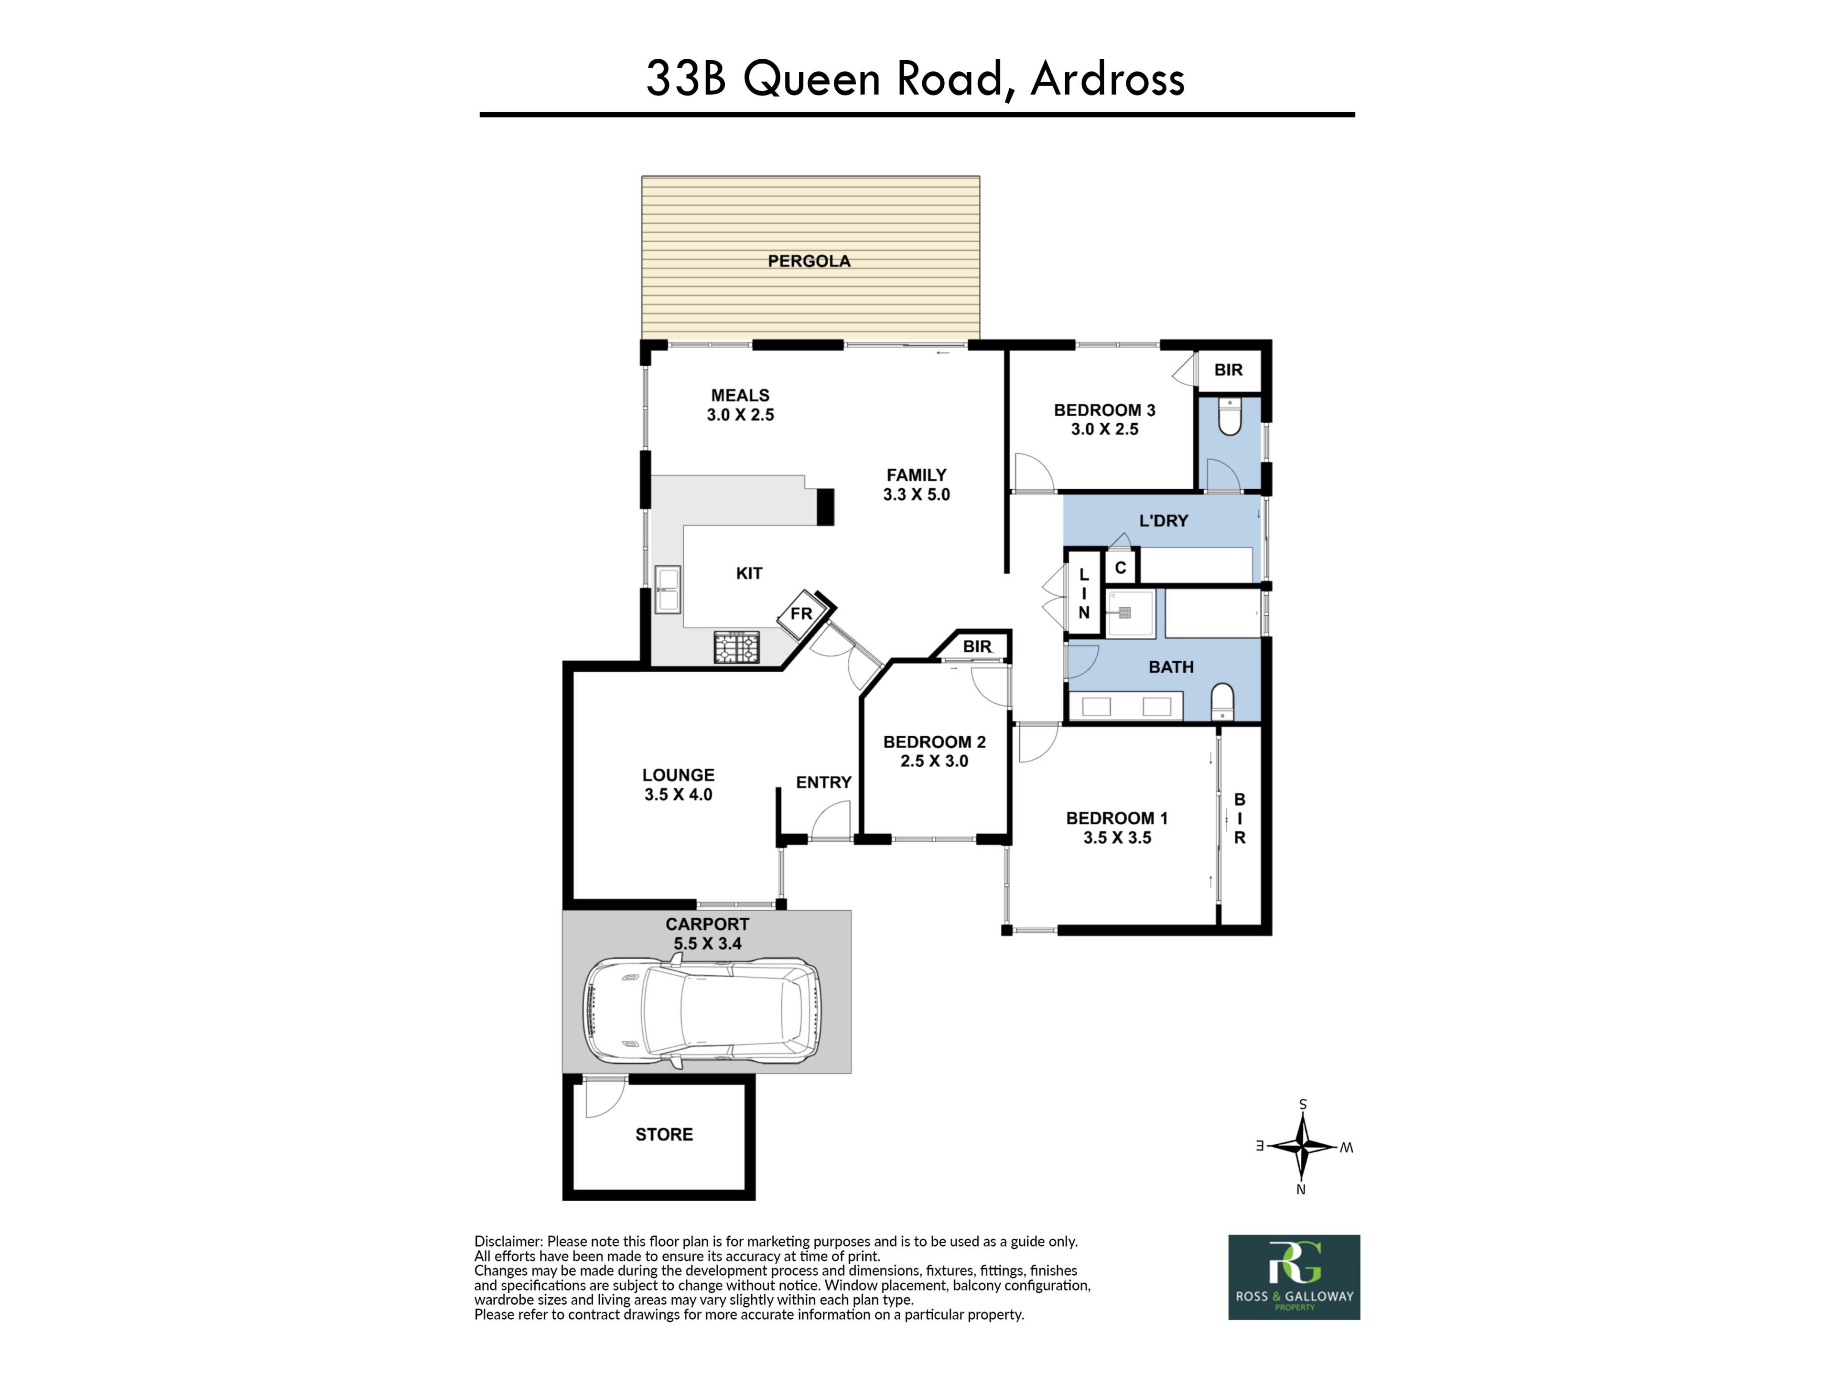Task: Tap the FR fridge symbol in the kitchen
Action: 801,614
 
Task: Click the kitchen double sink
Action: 667,590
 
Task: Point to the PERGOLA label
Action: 809,261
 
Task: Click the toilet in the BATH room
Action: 1223,702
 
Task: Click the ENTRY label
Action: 824,782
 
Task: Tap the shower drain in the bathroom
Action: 1125,613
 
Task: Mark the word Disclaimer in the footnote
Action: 507,1242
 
